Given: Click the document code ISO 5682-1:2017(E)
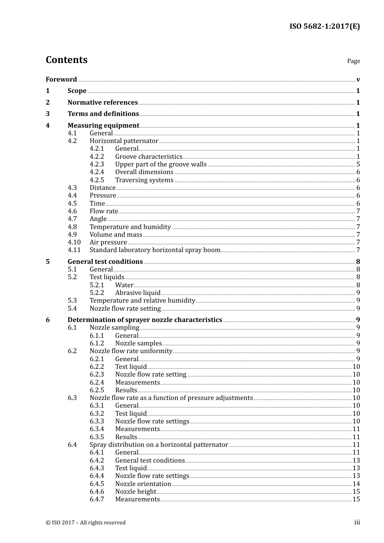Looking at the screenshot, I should (x=325, y=27).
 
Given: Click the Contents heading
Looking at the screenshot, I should (x=66, y=60).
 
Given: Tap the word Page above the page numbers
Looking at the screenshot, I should (x=353, y=61).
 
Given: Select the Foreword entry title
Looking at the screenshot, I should (x=61, y=79).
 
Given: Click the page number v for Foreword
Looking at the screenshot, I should (x=358, y=80).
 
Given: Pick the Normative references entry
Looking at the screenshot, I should (x=103, y=102).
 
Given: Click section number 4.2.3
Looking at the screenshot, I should (x=97, y=164).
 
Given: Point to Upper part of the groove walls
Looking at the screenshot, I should (x=160, y=164).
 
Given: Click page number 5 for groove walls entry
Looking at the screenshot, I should (x=358, y=164).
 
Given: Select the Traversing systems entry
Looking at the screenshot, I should (x=144, y=180).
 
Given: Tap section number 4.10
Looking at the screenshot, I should (x=74, y=242).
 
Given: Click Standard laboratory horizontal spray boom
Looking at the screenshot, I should (x=155, y=250).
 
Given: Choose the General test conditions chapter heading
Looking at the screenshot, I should (x=105, y=261).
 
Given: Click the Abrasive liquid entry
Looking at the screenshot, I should (x=137, y=293).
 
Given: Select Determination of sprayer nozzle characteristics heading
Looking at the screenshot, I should (x=145, y=320).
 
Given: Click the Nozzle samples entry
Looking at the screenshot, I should (x=138, y=343).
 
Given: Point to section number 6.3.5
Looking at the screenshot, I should (x=97, y=437).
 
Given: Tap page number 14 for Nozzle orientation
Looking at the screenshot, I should (x=356, y=484).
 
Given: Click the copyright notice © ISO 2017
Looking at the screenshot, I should (x=85, y=522).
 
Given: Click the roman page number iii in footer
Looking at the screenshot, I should (x=357, y=522).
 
